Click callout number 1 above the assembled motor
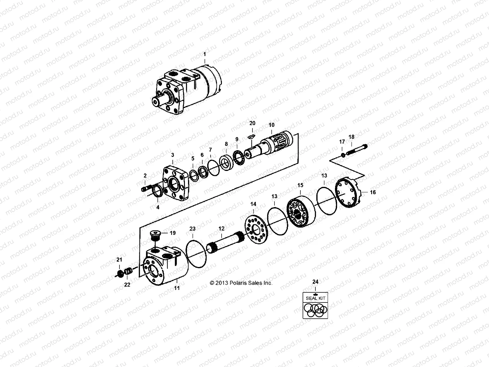[204, 54]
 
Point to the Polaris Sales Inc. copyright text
[241, 283]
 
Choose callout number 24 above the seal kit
[315, 281]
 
